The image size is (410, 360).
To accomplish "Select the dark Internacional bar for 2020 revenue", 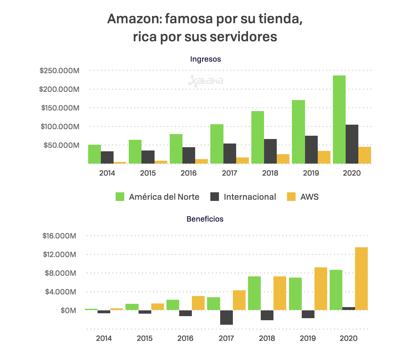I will (x=352, y=144).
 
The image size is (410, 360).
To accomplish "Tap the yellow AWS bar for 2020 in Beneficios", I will (x=361, y=278).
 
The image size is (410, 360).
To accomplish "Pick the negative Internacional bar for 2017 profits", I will (x=226, y=317).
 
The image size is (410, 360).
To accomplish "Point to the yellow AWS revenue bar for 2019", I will (x=324, y=157).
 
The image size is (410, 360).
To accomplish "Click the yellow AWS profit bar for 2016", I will (x=198, y=303).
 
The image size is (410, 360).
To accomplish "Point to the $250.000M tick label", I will (x=59, y=71).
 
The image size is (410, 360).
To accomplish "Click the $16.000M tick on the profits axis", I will (x=59, y=236).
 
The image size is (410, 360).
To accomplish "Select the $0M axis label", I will (x=68, y=310).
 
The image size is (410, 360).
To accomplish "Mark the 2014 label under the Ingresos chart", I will (x=107, y=173).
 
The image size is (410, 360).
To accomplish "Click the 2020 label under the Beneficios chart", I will (x=348, y=338).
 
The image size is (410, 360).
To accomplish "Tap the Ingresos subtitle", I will (x=205, y=59).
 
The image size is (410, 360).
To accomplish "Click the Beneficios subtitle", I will (x=205, y=219).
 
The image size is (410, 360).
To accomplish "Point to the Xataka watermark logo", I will (x=205, y=81).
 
